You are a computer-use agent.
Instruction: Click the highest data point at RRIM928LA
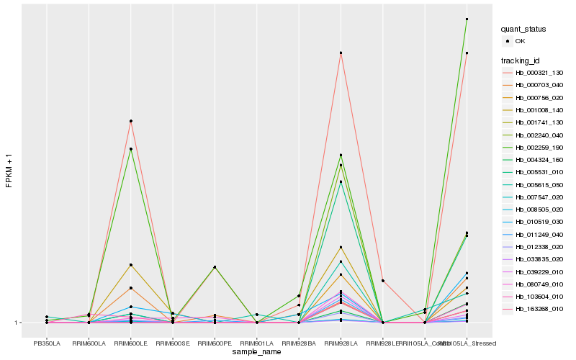(341, 53)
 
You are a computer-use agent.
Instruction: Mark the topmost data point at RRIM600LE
(130, 121)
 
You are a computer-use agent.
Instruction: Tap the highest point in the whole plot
(467, 19)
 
